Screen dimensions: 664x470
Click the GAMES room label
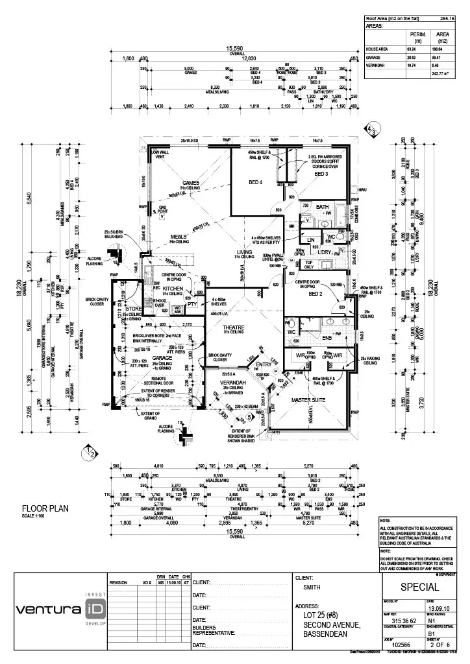[x=191, y=183]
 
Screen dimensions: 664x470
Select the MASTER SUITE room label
[x=308, y=399]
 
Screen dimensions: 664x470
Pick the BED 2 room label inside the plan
[x=316, y=294]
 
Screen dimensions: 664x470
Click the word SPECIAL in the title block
[x=421, y=587]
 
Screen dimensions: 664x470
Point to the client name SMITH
[x=312, y=587]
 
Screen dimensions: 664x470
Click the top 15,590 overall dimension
[x=234, y=48]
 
